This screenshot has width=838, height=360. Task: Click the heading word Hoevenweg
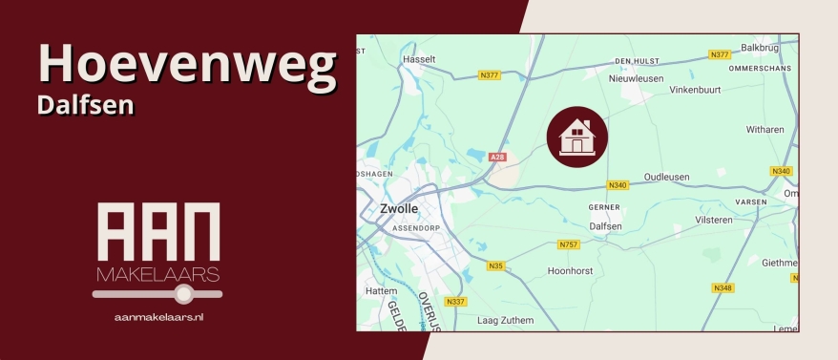[x=187, y=64]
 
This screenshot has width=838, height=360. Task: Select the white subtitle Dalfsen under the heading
[x=85, y=105]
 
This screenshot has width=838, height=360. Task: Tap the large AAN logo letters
[x=158, y=233]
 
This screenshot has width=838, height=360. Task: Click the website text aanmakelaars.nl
[x=158, y=315]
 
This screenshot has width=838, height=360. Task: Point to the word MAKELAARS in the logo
[x=158, y=276]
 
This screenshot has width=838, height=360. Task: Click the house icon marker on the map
[x=576, y=137]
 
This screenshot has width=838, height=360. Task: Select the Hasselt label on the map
[x=419, y=58]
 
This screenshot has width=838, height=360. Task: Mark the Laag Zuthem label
[x=505, y=320]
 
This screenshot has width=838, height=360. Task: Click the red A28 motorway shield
[x=496, y=157]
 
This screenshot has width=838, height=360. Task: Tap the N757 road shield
[x=568, y=245]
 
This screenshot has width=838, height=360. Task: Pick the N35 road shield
[x=494, y=265]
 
